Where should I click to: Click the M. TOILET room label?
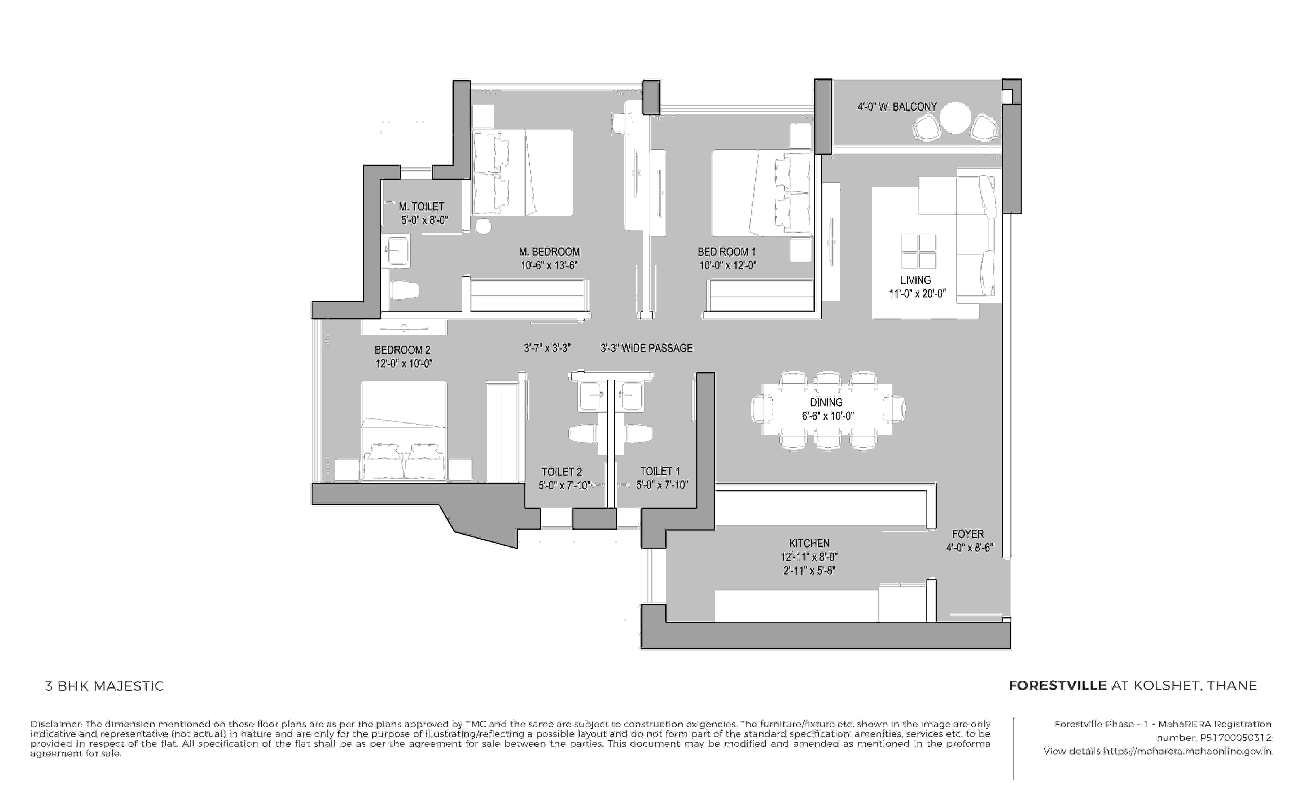(x=421, y=206)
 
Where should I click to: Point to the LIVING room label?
(x=915, y=280)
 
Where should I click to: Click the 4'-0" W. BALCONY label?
(x=897, y=107)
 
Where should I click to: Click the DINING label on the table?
(x=826, y=403)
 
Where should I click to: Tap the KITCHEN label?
(x=809, y=543)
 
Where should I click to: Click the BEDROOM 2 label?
(x=402, y=350)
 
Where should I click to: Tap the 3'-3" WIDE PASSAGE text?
(x=646, y=348)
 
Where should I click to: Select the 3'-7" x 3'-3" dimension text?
(x=547, y=348)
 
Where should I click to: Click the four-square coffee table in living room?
(x=918, y=252)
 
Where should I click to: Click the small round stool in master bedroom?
(x=483, y=227)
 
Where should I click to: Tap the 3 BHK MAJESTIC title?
(x=105, y=686)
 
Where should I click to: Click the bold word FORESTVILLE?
(x=1057, y=686)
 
